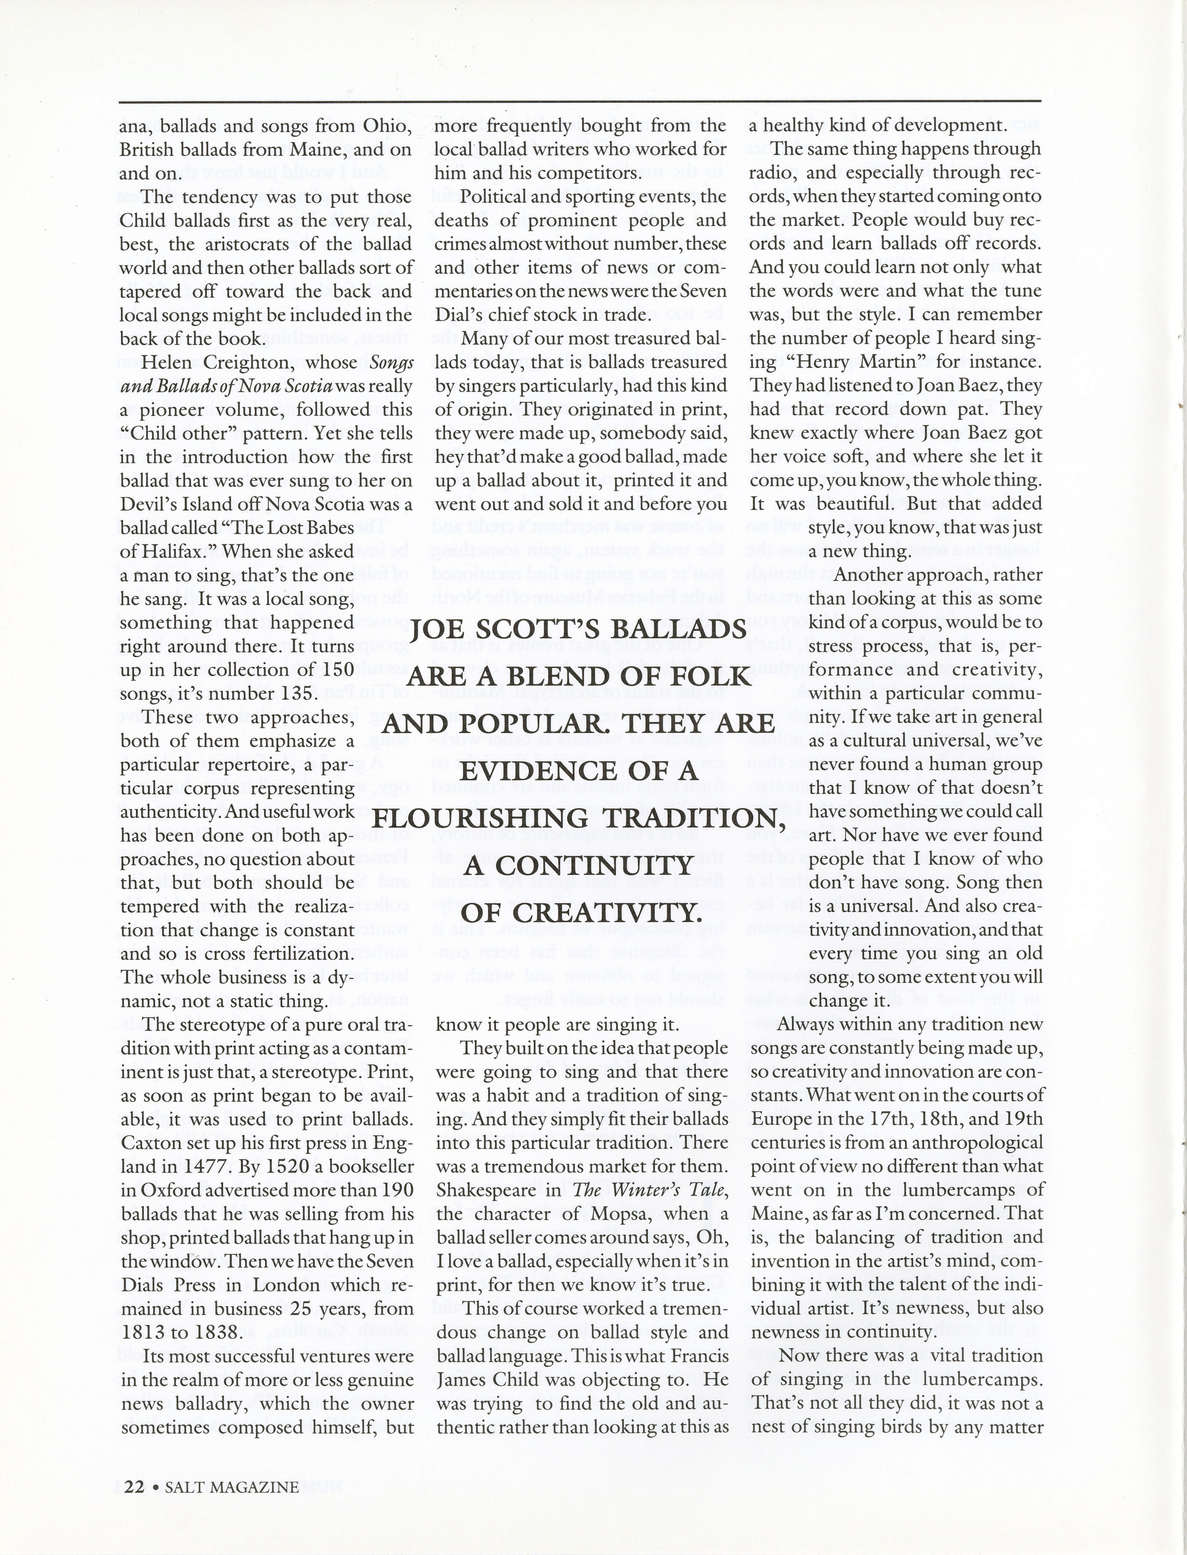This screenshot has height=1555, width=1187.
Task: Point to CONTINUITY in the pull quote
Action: coord(578,866)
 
